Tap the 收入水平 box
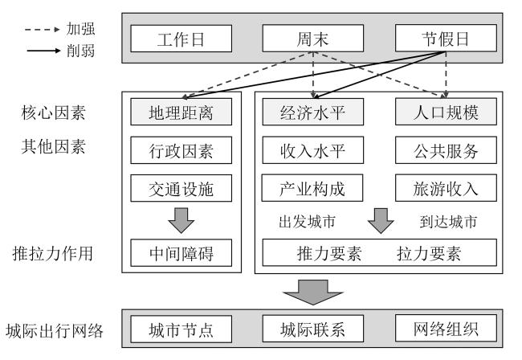point(312,149)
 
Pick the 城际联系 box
point(312,329)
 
